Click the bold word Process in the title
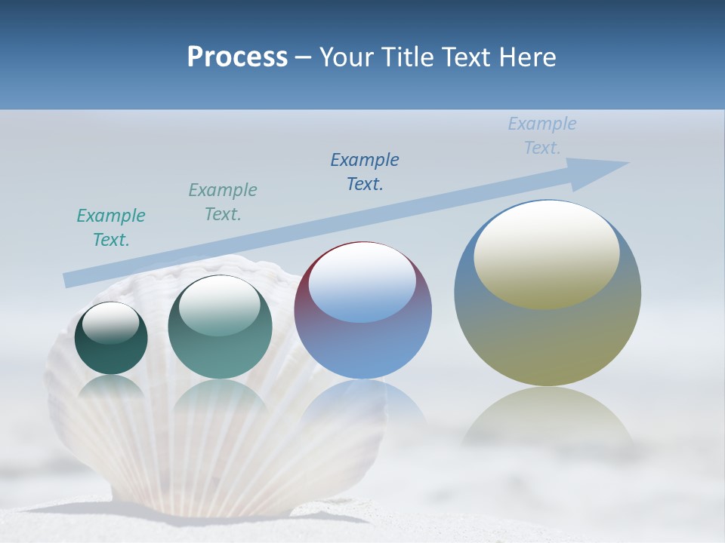tap(237, 57)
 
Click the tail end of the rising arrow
tap(68, 280)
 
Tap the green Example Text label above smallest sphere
tap(111, 227)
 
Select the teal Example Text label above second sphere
tap(223, 201)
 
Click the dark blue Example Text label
tap(365, 171)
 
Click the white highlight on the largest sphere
tap(547, 253)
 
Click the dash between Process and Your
tap(304, 57)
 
